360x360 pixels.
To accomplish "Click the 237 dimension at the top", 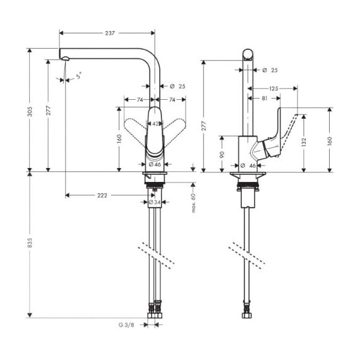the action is click(110, 33).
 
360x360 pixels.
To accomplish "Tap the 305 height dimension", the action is click(30, 111).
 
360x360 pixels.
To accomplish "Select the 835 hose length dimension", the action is click(30, 243).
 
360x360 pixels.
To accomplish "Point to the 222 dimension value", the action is click(102, 195).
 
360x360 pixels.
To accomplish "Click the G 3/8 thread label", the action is click(126, 325).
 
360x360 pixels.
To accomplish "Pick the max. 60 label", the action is click(193, 203).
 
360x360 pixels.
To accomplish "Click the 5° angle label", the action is click(79, 76).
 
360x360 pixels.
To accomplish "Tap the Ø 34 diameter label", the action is click(155, 202).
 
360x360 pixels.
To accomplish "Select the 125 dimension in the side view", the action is click(273, 88).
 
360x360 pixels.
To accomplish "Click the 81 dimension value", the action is click(265, 99).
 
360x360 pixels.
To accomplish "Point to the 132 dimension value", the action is click(304, 142).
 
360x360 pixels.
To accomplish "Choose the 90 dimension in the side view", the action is click(222, 155).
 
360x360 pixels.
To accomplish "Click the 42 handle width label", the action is click(155, 124).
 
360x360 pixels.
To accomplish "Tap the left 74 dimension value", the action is click(140, 100).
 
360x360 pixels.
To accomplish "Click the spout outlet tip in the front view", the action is click(65, 58).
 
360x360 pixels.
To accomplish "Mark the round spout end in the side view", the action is click(248, 55).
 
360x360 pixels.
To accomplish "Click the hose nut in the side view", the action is click(248, 315).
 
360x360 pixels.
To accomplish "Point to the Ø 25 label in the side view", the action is click(270, 70).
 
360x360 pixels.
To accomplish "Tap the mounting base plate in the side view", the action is click(248, 175).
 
